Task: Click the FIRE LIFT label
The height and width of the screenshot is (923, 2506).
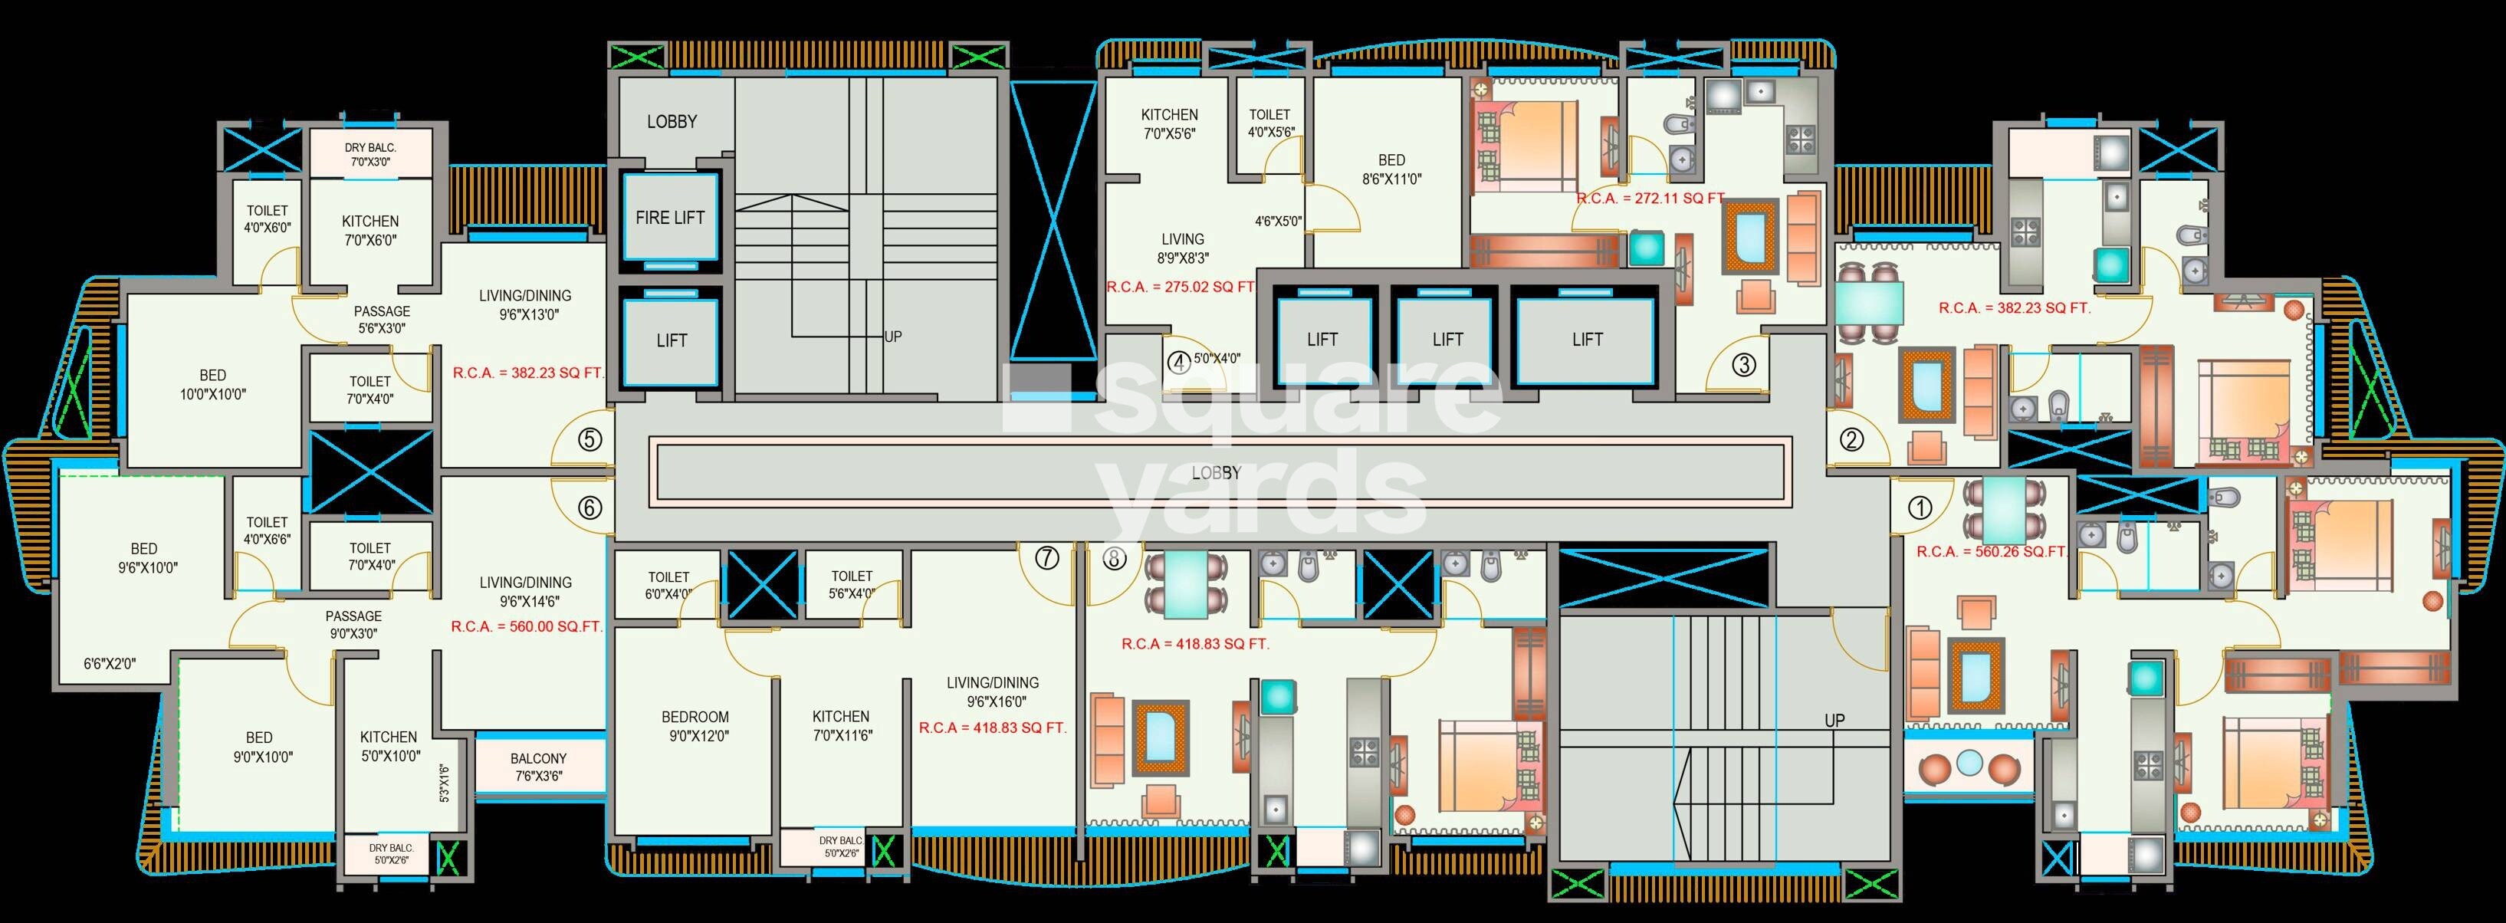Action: (669, 218)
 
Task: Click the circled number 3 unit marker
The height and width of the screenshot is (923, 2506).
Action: (1743, 366)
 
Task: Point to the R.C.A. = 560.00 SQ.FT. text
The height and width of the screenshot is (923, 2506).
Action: (527, 627)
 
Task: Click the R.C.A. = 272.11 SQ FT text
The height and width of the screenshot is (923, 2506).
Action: (1648, 199)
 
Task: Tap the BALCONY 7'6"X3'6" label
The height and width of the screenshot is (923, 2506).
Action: (538, 767)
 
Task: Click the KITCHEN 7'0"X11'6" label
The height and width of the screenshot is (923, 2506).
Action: (840, 725)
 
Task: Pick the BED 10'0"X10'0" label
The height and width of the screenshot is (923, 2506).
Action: (212, 385)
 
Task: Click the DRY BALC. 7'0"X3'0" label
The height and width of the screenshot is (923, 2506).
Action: (369, 155)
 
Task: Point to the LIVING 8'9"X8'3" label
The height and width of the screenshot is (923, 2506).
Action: (1182, 249)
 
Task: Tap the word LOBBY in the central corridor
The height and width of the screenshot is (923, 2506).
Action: (1216, 473)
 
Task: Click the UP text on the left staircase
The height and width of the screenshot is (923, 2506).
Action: (892, 337)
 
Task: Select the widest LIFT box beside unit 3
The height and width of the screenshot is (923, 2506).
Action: (1587, 340)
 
